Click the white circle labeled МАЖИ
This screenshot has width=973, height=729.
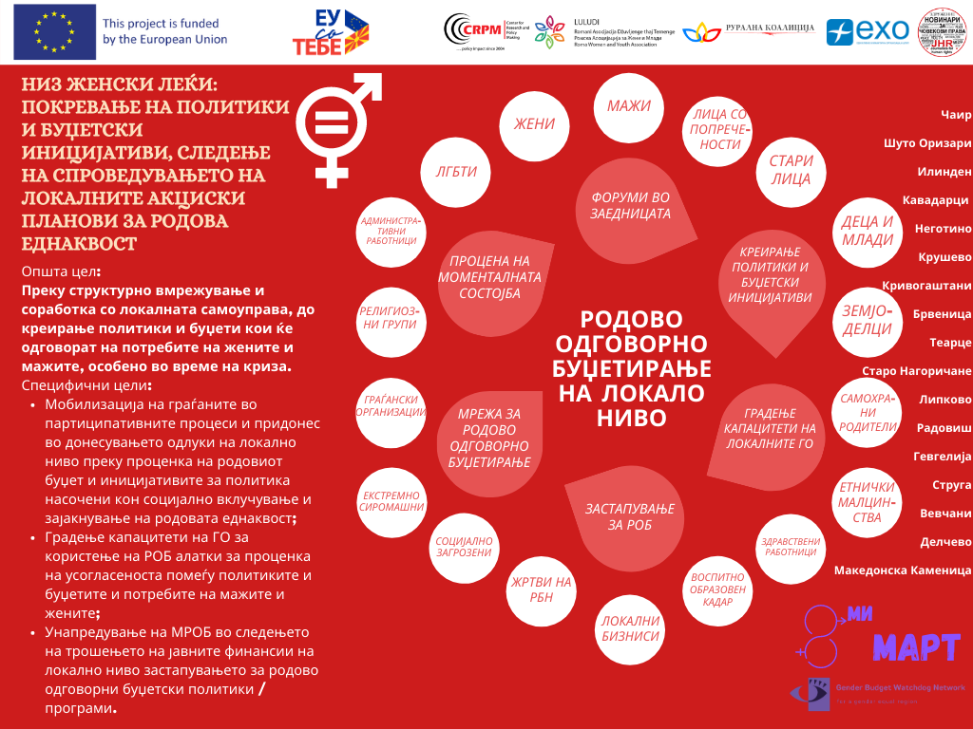[x=629, y=106]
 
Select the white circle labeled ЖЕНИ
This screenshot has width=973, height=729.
[x=534, y=124]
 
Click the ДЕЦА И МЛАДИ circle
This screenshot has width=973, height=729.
[x=867, y=231]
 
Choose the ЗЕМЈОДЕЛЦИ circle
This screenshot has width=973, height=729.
[x=867, y=320]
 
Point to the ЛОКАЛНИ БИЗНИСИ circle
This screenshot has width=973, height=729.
[x=629, y=627]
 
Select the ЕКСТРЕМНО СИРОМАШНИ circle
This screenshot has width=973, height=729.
[x=391, y=501]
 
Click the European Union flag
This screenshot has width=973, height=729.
[x=54, y=31]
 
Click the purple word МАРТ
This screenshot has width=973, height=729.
[x=917, y=647]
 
